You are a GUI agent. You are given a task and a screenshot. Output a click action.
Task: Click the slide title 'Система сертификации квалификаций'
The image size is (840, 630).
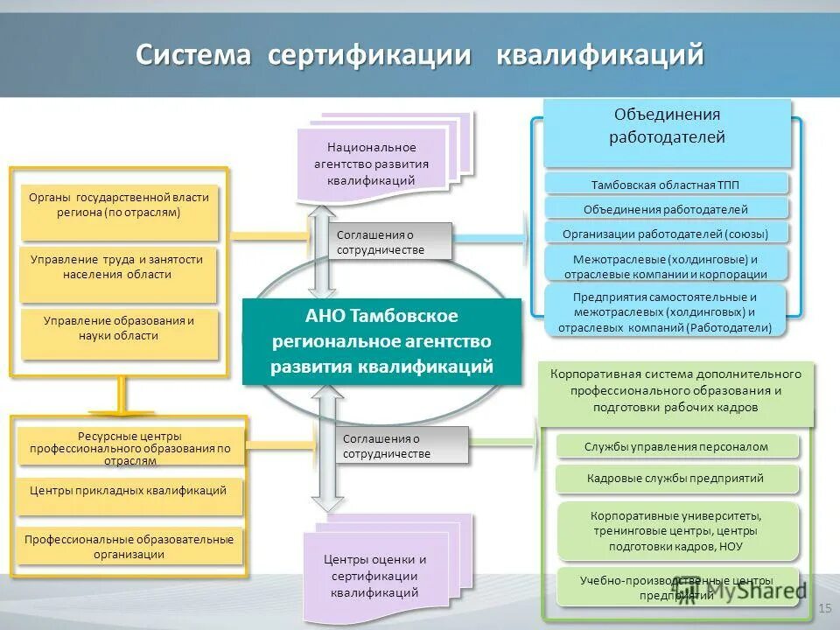click(x=420, y=54)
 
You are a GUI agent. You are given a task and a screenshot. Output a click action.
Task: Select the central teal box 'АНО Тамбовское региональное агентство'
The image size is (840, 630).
click(x=381, y=340)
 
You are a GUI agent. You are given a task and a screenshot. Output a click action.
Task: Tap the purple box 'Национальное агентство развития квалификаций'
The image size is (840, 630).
click(x=371, y=164)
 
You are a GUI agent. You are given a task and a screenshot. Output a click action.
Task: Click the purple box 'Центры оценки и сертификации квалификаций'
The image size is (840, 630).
click(x=374, y=576)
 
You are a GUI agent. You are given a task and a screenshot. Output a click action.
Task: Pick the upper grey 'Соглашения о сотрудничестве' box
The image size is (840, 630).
click(x=394, y=241)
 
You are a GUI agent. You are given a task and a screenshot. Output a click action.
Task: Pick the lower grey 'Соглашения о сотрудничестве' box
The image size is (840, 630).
click(x=402, y=445)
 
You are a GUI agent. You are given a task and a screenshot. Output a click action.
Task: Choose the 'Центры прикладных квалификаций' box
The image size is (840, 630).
click(x=128, y=491)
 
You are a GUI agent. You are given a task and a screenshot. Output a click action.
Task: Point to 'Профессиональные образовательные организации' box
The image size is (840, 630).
click(x=129, y=547)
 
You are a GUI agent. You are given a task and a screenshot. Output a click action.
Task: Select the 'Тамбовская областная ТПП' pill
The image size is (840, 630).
click(x=667, y=184)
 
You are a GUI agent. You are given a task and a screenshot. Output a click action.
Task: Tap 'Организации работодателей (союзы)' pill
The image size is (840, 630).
click(x=667, y=234)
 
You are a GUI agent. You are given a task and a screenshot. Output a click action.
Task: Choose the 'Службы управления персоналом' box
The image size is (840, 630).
click(x=676, y=446)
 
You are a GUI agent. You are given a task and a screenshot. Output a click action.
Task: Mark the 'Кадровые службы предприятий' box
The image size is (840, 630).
click(x=676, y=479)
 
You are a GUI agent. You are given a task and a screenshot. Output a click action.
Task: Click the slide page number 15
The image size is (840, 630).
click(x=823, y=607)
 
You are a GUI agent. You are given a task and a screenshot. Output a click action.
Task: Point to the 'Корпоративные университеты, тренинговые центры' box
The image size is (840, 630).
click(x=676, y=530)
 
